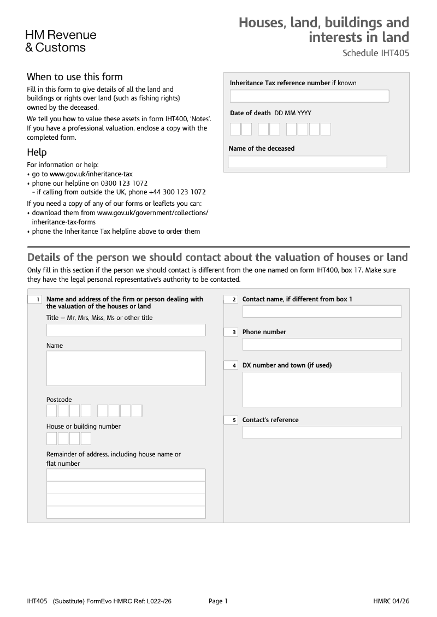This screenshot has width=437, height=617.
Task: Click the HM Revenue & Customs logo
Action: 60,41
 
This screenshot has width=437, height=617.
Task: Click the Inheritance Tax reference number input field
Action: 309,97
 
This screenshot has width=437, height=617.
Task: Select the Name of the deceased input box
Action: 307,162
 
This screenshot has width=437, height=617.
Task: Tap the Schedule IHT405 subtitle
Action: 375,54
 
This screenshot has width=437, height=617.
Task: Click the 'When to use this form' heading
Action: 75,77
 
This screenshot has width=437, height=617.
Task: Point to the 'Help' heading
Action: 37,152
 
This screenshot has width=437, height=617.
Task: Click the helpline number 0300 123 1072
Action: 123,183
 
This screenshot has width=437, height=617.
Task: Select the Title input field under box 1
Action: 126,330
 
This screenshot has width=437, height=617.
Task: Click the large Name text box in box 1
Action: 126,369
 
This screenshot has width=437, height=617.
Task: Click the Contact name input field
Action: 322,311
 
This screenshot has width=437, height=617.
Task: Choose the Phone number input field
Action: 322,345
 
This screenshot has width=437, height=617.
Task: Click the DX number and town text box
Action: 322,389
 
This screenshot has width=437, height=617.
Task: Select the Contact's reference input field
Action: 322,432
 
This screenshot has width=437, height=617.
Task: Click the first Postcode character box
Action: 52,411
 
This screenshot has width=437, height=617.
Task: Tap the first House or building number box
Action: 52,438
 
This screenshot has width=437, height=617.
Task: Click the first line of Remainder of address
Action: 126,475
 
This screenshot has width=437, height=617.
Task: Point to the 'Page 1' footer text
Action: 218,601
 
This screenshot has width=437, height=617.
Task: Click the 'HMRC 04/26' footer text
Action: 391,601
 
